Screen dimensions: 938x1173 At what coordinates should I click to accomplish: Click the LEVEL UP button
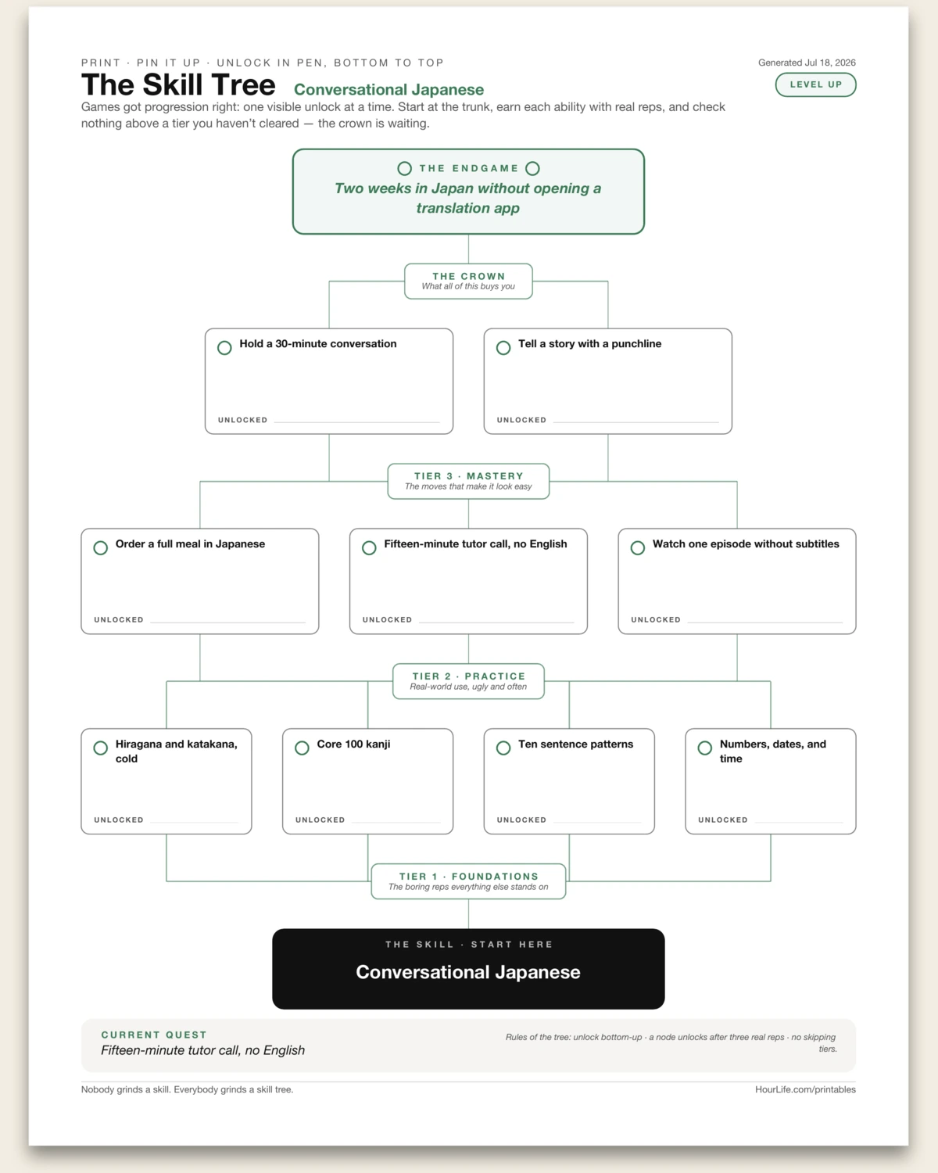[815, 84]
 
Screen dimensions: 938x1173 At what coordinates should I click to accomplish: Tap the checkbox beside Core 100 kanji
[302, 748]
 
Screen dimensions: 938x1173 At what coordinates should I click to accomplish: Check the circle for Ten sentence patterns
[503, 748]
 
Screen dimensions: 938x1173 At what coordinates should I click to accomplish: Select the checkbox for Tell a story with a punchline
[503, 348]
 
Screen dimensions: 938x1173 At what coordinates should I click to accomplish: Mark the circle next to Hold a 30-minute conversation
[224, 348]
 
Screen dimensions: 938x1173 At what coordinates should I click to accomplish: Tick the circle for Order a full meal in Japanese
[100, 548]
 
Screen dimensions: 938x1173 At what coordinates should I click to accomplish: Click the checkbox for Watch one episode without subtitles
[638, 548]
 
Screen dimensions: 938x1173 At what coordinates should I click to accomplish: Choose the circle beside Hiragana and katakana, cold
[100, 748]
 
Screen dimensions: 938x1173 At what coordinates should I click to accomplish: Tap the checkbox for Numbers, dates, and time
[705, 748]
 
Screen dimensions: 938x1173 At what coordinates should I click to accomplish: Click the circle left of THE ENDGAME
[404, 168]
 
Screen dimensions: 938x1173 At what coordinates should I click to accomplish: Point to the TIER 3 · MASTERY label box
[468, 481]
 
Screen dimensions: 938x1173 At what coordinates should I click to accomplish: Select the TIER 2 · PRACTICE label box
[468, 681]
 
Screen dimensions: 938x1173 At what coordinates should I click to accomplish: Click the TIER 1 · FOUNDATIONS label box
[468, 881]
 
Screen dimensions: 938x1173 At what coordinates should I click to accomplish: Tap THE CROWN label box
[468, 282]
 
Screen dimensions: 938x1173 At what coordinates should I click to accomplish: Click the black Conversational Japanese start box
[468, 969]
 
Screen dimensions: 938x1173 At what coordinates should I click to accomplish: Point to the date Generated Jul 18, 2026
[807, 63]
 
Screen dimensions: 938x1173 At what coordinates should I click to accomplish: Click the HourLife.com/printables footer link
[805, 1089]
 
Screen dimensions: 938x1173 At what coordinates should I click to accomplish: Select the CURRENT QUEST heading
[154, 1035]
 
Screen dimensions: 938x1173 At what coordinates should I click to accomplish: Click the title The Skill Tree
[178, 85]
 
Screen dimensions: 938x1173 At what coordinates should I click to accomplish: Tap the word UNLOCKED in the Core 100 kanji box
[320, 820]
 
